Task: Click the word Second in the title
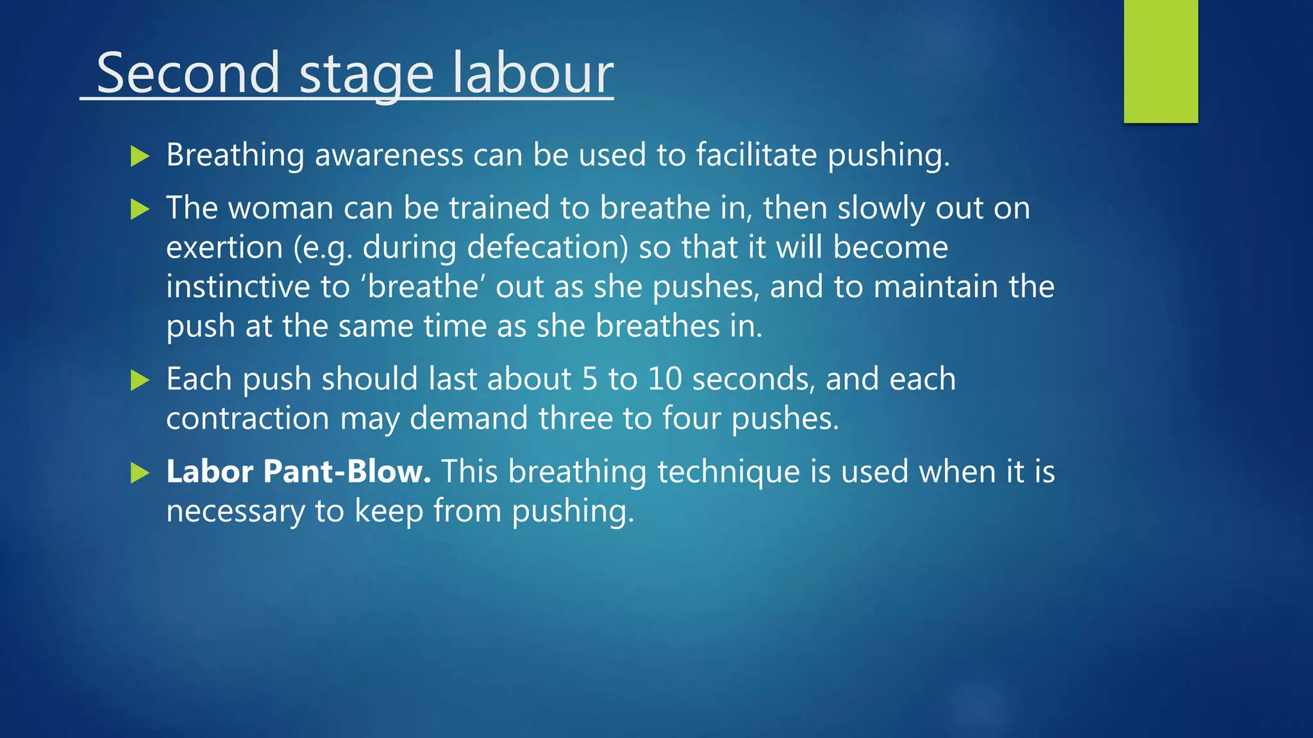coord(188,73)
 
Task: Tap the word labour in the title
coord(533,73)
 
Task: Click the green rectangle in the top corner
coord(1160,61)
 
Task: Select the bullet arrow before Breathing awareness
coord(140,156)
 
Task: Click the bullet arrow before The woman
coord(140,209)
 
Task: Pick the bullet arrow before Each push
coord(140,380)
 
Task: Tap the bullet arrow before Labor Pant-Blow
coord(140,473)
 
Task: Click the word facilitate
coord(757,155)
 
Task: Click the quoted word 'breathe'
coord(423,286)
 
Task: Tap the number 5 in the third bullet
coord(590,379)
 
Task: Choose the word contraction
coord(247,419)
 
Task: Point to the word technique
coord(728,472)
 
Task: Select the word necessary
coord(235,512)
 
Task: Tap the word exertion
coord(224,248)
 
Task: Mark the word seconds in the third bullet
coord(754,379)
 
